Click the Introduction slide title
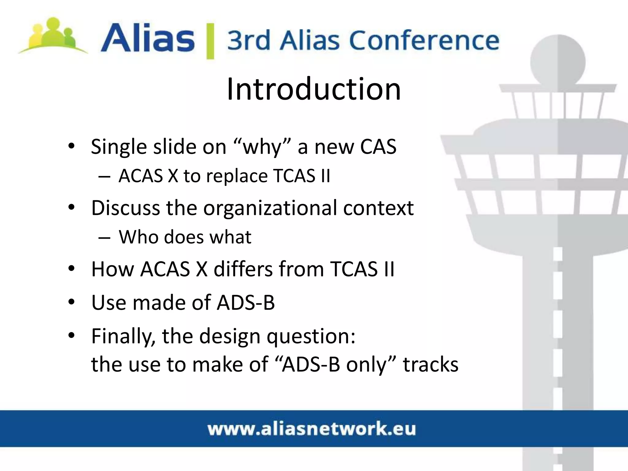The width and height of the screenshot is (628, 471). [314, 89]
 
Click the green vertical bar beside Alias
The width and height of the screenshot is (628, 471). [210, 40]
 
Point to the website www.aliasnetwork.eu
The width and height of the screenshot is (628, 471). [312, 429]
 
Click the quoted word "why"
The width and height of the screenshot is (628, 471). [262, 147]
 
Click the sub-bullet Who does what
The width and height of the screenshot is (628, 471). [185, 237]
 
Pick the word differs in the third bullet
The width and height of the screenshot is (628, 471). [243, 269]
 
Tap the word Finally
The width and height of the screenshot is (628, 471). [123, 336]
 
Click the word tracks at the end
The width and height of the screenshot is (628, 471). [431, 365]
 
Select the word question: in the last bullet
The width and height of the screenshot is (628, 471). [311, 336]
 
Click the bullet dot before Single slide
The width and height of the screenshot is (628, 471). [71, 146]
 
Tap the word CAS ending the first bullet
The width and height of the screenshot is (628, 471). [378, 147]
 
